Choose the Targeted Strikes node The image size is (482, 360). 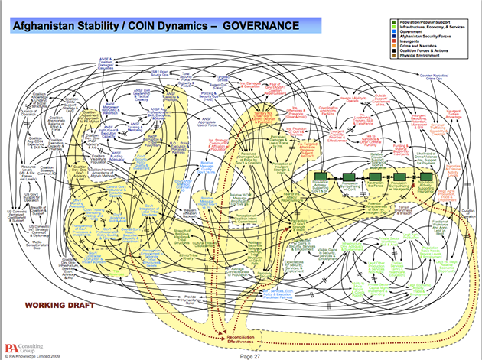pos(223,79)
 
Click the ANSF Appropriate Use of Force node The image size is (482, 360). pos(207,122)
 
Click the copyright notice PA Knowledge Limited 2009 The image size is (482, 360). pos(37,355)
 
